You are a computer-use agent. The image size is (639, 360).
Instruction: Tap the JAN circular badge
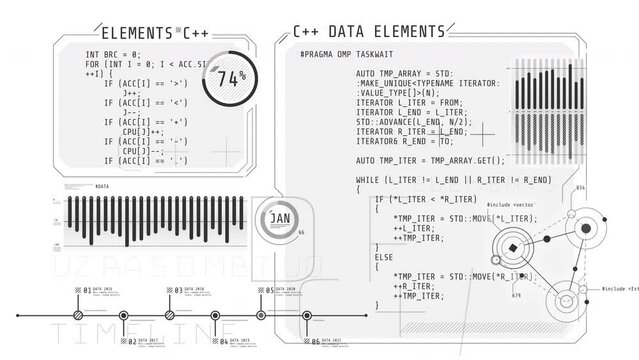click(280, 218)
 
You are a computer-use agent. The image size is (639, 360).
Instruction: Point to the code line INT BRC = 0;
click(113, 54)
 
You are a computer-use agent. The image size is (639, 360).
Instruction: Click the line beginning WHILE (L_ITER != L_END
click(453, 179)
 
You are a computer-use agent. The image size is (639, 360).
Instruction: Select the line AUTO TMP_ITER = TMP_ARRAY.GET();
click(431, 160)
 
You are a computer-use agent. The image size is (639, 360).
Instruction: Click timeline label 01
click(87, 290)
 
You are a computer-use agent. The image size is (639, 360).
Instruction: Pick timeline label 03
click(177, 290)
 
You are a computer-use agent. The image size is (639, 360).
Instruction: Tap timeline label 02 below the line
click(132, 341)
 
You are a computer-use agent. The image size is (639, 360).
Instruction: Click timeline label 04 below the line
click(224, 341)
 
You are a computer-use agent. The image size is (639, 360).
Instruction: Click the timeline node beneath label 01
click(78, 315)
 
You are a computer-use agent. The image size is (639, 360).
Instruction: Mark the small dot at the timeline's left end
click(18, 315)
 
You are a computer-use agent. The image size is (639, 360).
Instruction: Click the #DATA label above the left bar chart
click(102, 187)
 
